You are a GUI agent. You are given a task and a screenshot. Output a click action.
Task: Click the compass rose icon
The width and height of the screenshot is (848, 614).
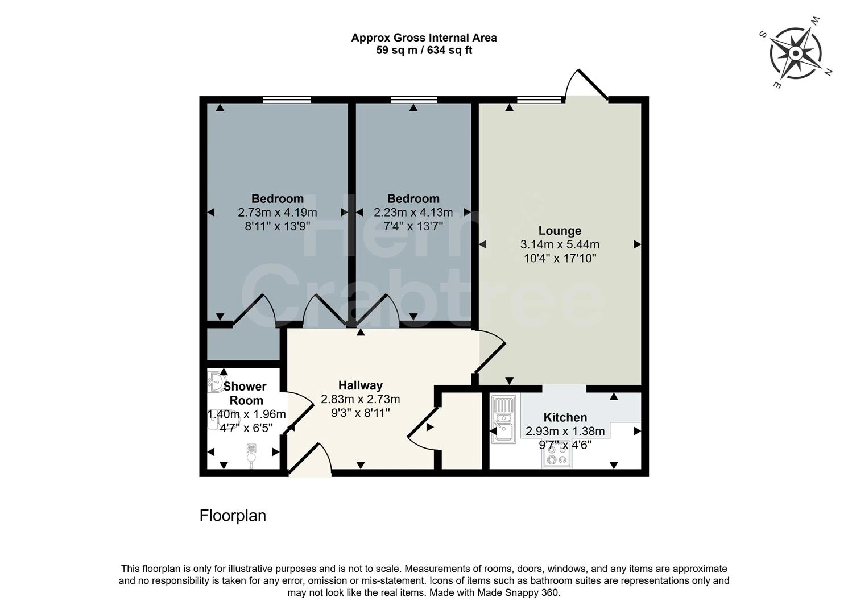(x=795, y=53)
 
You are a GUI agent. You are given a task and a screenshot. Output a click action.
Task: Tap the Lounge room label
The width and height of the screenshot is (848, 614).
(x=560, y=231)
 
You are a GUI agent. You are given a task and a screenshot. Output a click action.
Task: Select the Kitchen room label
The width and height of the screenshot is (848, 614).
(x=565, y=417)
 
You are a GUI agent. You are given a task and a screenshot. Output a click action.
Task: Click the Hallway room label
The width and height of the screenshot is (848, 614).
(x=360, y=385)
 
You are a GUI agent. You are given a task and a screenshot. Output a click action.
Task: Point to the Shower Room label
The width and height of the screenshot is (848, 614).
(x=245, y=393)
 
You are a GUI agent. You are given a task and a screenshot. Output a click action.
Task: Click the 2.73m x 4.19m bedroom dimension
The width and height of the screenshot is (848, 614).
(x=277, y=213)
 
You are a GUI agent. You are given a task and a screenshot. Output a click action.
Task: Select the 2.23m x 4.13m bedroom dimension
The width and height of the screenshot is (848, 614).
(x=413, y=213)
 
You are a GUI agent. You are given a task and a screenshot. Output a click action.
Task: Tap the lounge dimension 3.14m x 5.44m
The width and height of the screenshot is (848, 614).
(x=560, y=245)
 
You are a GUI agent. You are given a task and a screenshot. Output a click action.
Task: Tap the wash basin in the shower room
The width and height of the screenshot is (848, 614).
(x=216, y=382)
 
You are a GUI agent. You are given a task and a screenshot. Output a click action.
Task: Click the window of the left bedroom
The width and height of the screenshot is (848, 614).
(x=287, y=100)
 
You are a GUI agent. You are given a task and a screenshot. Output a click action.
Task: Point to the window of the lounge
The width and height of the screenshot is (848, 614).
(x=539, y=100)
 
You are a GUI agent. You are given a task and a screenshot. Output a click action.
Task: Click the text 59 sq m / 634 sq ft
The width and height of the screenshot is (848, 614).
(x=424, y=51)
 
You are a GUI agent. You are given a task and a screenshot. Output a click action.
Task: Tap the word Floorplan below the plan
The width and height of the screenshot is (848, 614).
(x=233, y=516)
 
